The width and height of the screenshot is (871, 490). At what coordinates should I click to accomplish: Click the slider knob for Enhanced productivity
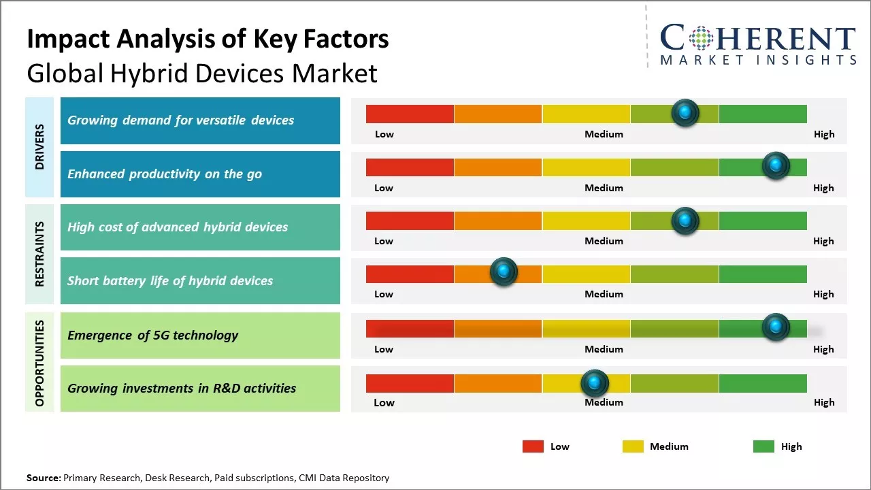775,165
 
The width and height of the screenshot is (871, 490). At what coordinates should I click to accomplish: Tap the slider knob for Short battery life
504,272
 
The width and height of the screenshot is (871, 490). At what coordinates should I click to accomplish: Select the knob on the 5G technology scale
775,327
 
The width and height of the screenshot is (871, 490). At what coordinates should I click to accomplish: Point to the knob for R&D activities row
595,383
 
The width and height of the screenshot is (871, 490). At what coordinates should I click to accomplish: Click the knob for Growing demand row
685,112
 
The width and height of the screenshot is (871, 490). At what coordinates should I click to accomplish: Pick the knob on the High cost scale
685,220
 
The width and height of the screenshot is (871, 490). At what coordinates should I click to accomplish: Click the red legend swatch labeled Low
533,446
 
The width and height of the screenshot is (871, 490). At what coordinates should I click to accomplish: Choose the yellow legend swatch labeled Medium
633,446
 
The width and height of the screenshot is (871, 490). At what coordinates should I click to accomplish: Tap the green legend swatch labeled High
763,446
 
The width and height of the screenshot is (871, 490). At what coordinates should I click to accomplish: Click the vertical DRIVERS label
39,147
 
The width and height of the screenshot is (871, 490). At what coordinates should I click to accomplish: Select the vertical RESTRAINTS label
39,254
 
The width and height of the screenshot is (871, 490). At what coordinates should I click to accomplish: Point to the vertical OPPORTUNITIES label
39,363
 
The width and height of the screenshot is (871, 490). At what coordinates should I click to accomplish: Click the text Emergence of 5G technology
153,335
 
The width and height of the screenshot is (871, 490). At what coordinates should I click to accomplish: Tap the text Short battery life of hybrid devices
170,280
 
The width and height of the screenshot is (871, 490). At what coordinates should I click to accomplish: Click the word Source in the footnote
44,478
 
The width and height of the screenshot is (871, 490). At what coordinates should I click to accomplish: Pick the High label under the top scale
824,134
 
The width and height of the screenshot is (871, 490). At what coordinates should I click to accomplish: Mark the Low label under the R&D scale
384,402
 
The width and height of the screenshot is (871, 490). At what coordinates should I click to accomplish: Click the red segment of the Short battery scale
410,274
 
